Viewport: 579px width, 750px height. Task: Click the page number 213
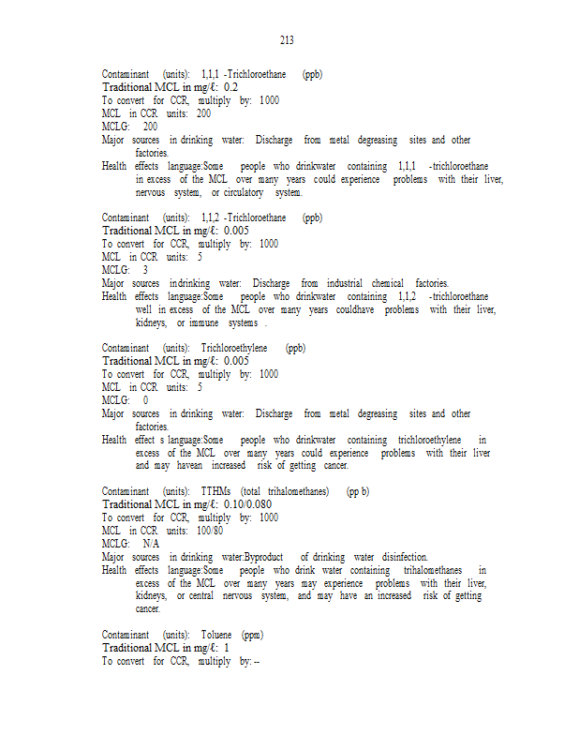coord(287,39)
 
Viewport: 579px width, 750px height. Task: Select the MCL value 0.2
coord(230,87)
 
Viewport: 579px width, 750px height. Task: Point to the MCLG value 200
coord(150,127)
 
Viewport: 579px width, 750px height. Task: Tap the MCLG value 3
coord(145,270)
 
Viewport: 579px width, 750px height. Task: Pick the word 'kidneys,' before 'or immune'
coord(151,322)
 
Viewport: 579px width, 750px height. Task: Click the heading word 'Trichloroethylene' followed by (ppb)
coord(234,348)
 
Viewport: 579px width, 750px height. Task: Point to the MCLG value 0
coord(145,400)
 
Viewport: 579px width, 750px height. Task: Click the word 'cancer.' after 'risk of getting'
coord(334,466)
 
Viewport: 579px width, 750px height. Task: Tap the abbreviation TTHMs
coord(216,491)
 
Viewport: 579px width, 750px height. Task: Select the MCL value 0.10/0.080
coord(250,504)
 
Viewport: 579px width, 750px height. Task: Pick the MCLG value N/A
coord(151,544)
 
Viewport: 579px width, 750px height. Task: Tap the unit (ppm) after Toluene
coord(252,635)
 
